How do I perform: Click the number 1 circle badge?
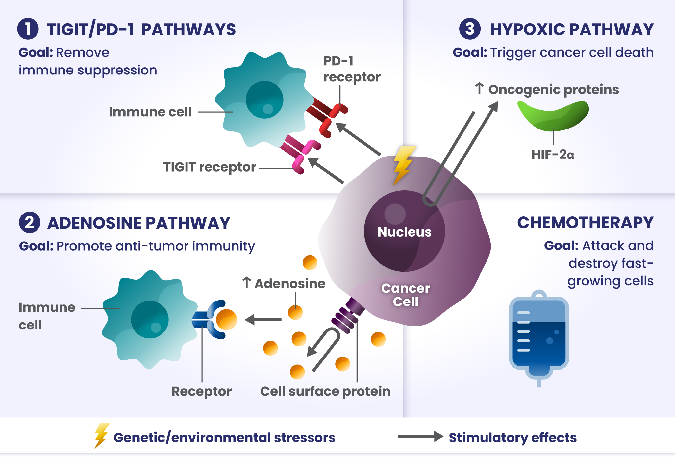tap(28, 29)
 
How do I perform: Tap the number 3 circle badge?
tap(470, 29)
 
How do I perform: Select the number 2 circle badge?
tap(30, 222)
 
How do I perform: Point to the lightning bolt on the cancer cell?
tap(404, 165)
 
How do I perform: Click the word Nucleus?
tap(404, 232)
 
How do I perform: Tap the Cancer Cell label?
tap(406, 295)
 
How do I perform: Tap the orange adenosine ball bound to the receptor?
tap(226, 319)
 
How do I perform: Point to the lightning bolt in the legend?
tap(102, 436)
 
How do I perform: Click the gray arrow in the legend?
tap(421, 436)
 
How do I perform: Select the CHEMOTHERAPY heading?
tap(585, 223)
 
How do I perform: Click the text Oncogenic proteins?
tap(553, 90)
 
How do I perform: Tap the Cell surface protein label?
tap(325, 391)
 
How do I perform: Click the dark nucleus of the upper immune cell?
tap(264, 100)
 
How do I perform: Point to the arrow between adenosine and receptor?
tap(263, 319)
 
